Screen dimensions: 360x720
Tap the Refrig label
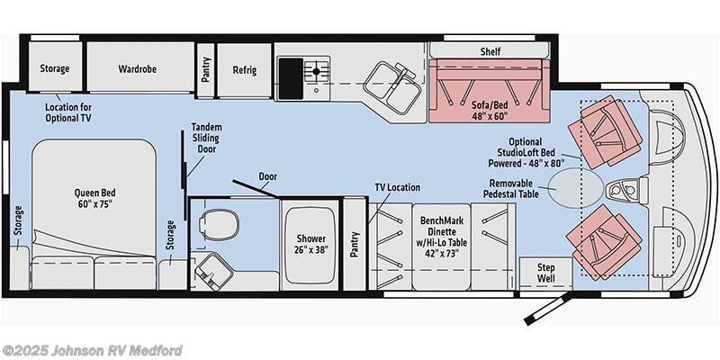(x=244, y=68)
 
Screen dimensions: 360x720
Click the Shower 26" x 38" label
(x=310, y=244)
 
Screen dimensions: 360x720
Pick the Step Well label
(x=545, y=273)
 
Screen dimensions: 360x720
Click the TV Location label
(x=398, y=187)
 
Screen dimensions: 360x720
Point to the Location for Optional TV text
(x=68, y=112)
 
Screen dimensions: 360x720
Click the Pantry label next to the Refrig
(x=206, y=69)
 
